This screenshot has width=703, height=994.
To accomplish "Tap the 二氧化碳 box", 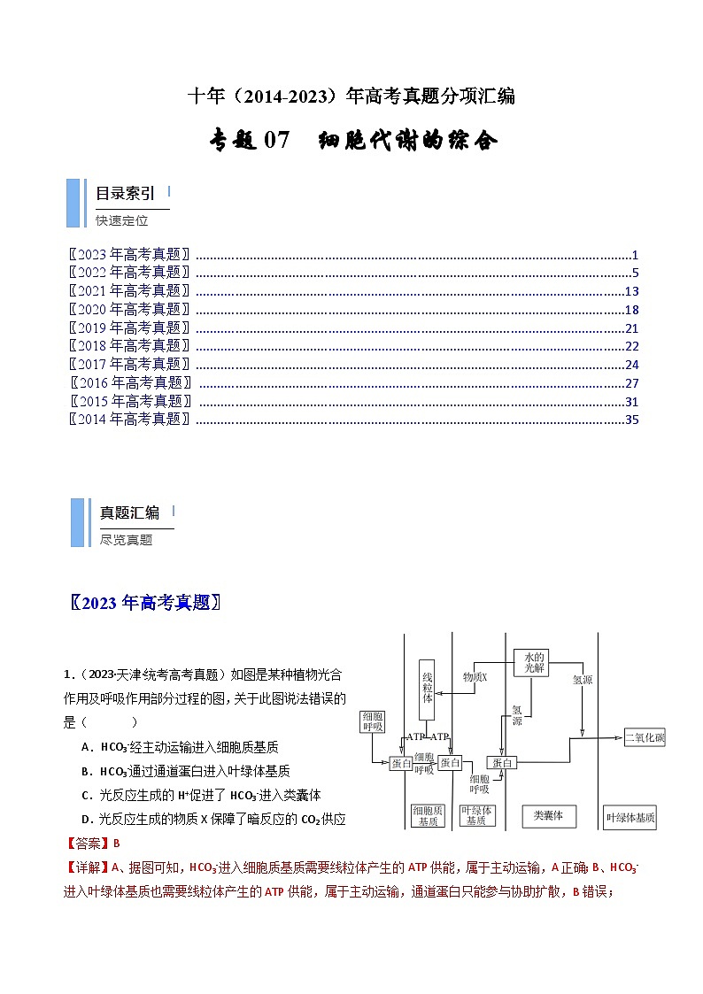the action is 645,736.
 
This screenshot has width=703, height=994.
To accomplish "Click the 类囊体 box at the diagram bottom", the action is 543,815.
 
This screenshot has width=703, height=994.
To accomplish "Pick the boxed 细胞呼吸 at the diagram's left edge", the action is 372,720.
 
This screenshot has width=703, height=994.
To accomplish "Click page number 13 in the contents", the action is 631,291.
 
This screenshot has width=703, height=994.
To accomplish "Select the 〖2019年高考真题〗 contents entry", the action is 130,327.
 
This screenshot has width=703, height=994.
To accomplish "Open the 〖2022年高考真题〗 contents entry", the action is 130,273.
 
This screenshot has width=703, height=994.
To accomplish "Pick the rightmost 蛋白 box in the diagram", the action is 503,762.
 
